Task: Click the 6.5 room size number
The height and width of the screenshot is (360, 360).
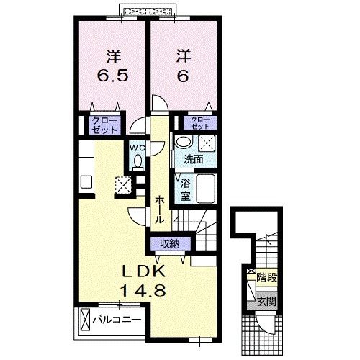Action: [112, 76]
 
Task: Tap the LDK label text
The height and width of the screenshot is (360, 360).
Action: [144, 272]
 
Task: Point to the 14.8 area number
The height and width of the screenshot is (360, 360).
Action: [143, 291]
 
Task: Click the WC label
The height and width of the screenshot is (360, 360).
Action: [137, 148]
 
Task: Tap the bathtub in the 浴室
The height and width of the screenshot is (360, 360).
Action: [205, 189]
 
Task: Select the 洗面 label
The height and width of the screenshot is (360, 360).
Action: [194, 159]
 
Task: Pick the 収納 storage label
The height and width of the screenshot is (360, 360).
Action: [170, 244]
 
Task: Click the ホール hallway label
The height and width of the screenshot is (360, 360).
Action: [159, 210]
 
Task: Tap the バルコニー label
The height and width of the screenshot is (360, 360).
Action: [117, 320]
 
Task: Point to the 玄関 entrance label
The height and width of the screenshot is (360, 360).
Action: [267, 301]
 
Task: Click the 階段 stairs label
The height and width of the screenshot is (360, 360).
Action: [267, 278]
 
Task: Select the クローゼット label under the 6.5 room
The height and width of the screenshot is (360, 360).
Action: [105, 125]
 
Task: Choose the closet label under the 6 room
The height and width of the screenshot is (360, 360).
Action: [200, 123]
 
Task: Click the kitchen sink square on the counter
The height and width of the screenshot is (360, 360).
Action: [86, 182]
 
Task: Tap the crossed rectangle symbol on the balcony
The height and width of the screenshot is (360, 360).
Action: [85, 320]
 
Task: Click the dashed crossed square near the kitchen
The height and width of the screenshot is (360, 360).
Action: [123, 185]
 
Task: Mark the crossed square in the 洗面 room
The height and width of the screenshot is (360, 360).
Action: [207, 144]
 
